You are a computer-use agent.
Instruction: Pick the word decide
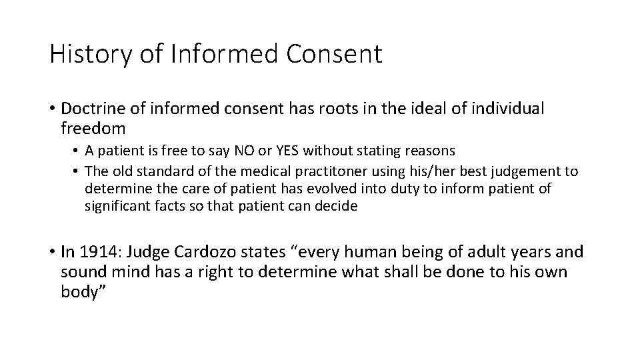coord(339,206)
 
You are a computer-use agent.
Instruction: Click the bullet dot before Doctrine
coord(52,109)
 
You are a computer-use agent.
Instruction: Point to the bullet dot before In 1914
coord(52,253)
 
